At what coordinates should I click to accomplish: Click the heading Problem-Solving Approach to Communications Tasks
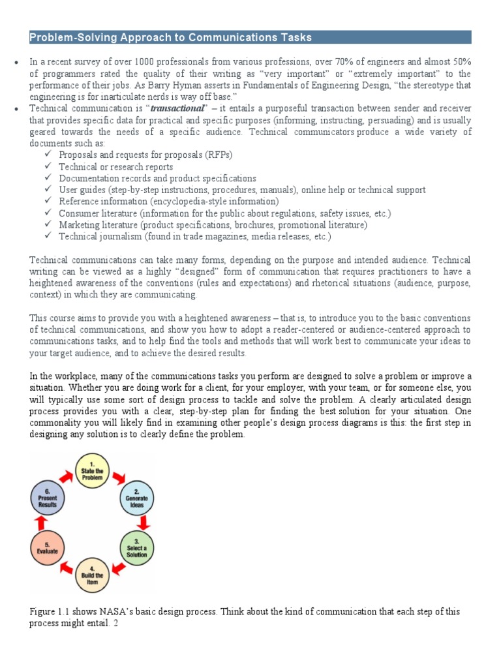click(171, 38)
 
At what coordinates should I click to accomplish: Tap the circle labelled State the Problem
click(92, 471)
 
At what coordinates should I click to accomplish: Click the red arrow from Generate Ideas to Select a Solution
click(144, 522)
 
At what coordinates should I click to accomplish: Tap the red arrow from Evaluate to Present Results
click(40, 523)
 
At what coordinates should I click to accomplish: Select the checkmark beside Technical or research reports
click(49, 167)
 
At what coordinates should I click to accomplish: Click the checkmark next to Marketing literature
click(49, 225)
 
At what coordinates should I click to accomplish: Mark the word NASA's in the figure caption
click(125, 611)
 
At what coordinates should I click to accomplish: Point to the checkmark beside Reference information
click(49, 202)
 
